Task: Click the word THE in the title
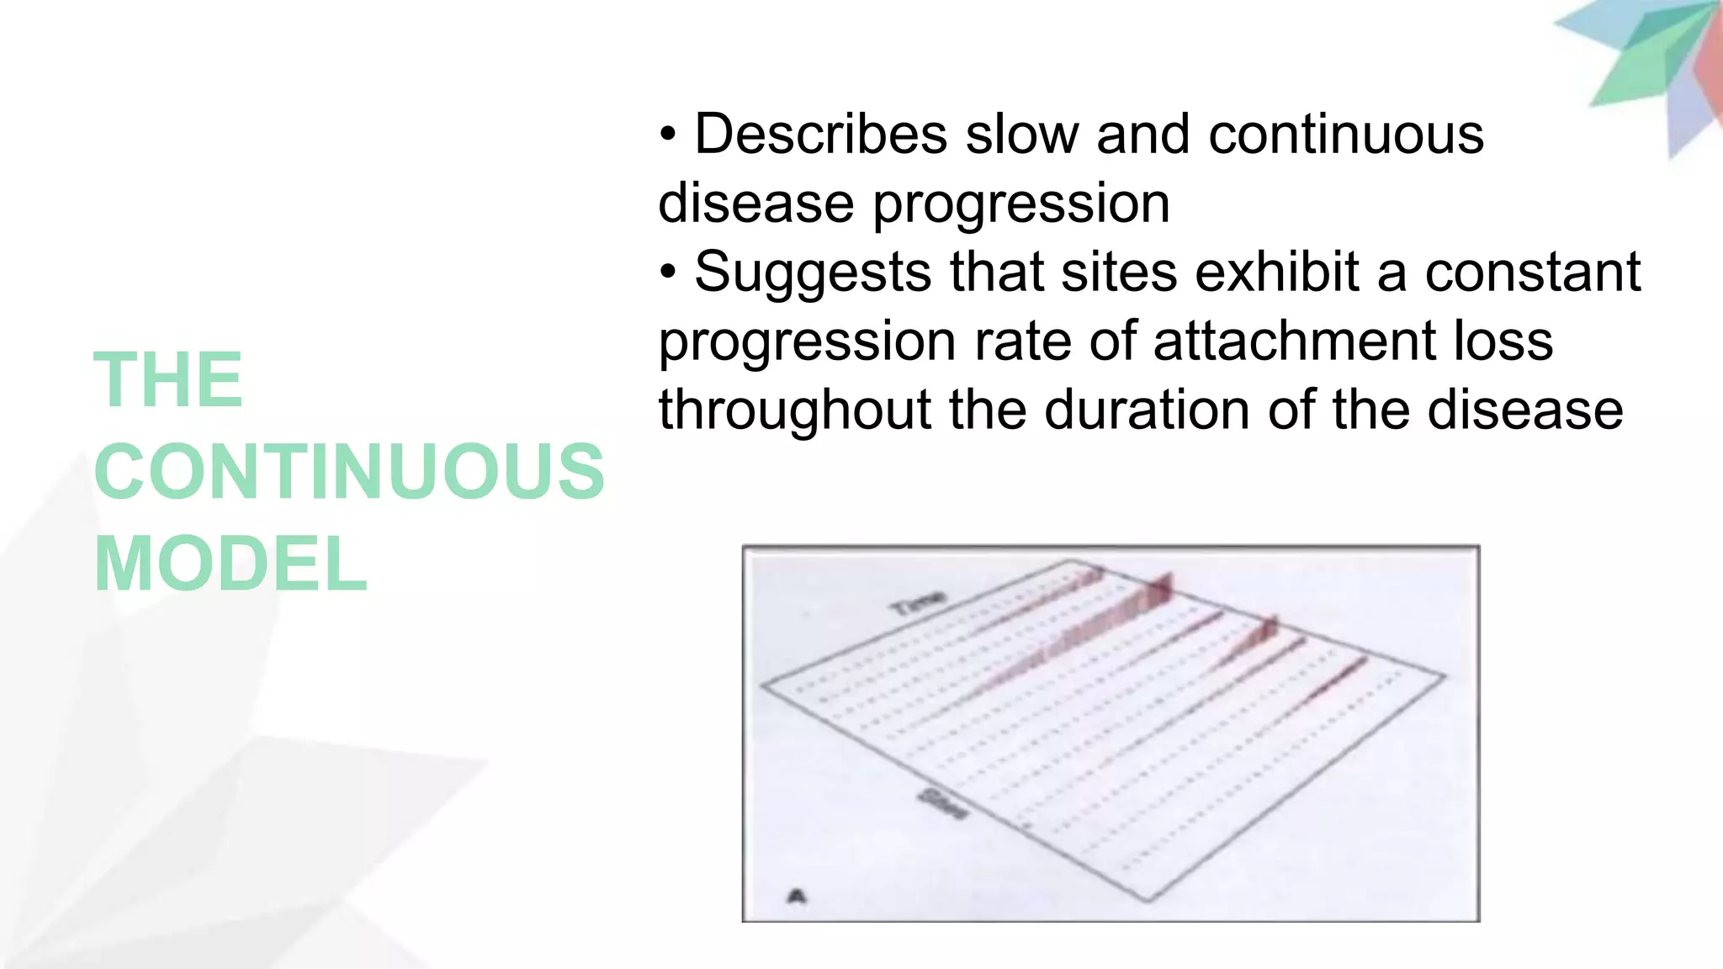168,380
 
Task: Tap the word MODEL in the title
231,564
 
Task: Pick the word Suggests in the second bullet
813,273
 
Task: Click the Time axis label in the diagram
918,602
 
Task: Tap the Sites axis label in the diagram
942,802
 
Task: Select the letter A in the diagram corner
796,896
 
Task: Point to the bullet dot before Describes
668,135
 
